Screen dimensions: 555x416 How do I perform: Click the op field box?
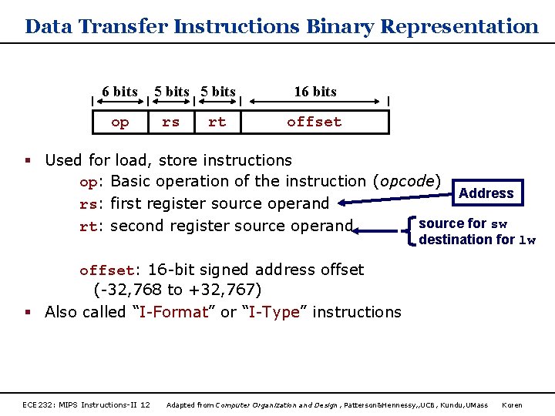coord(120,122)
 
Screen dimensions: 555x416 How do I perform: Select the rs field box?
coord(170,122)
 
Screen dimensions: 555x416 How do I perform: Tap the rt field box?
coord(217,122)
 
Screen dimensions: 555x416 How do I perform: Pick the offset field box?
coord(314,122)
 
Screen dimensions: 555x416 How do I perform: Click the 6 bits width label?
coord(119,92)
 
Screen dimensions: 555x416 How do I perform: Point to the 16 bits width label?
coord(315,92)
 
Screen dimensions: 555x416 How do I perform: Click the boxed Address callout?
coord(486,193)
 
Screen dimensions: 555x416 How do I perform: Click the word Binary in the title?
coord(340,27)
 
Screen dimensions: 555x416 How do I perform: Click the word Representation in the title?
coord(459,27)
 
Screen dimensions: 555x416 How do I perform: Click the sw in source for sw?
coord(499,224)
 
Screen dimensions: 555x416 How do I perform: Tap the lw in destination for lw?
coord(527,240)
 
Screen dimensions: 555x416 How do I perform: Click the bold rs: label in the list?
coord(92,204)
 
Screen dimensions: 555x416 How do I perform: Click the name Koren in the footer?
coord(512,405)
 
